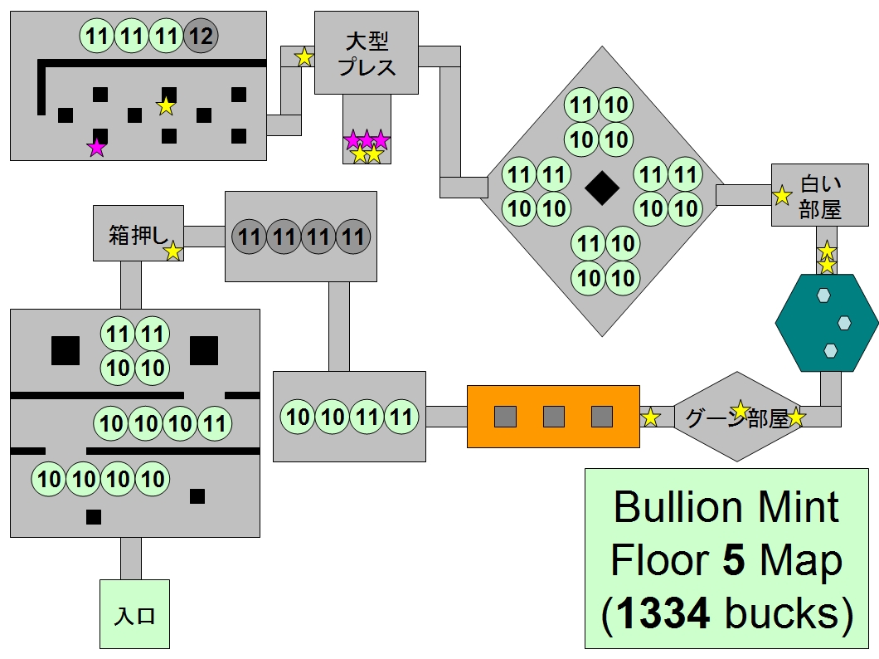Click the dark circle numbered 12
(x=200, y=37)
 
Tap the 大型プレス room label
(x=367, y=54)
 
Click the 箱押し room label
(x=133, y=235)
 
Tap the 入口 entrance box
(x=134, y=615)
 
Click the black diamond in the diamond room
(x=602, y=189)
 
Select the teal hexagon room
(x=827, y=323)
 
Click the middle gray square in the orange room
(x=553, y=416)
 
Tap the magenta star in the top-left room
(x=97, y=148)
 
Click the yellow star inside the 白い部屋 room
(x=782, y=196)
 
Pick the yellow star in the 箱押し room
(x=172, y=251)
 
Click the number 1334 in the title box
(x=663, y=613)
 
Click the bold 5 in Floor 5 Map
(x=735, y=560)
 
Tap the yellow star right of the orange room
(x=651, y=417)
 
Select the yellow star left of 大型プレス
(x=304, y=57)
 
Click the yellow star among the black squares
(x=167, y=105)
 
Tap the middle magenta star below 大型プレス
(x=367, y=139)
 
